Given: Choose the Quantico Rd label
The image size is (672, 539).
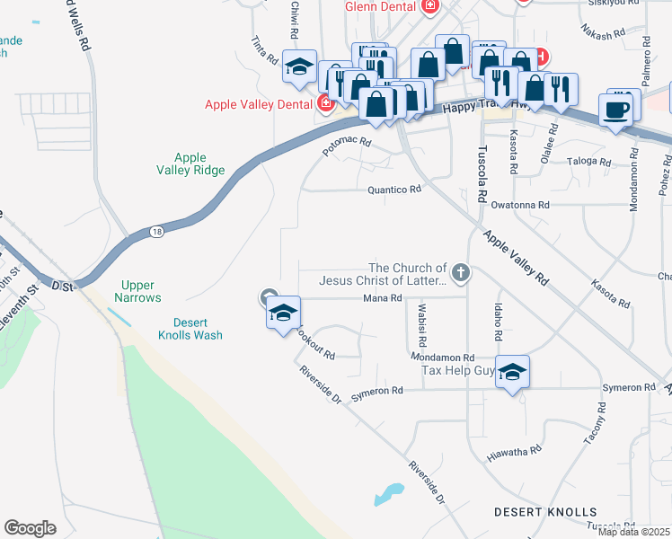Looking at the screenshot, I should pyautogui.click(x=393, y=190).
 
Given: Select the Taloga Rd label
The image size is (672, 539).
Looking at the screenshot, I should pyautogui.click(x=588, y=163).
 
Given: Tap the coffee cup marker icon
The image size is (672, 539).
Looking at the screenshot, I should pyautogui.click(x=615, y=110).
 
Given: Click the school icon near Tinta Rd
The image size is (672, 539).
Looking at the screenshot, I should pyautogui.click(x=299, y=66).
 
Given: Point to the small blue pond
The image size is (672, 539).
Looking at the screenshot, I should pyautogui.click(x=388, y=494).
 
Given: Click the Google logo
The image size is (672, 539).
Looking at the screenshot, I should pyautogui.click(x=30, y=527).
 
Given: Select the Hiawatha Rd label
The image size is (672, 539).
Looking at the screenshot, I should pyautogui.click(x=514, y=450).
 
